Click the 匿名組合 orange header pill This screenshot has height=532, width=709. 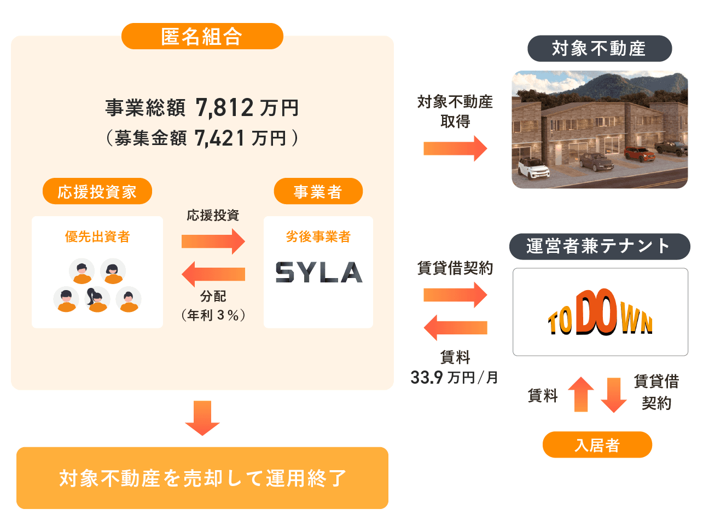202,36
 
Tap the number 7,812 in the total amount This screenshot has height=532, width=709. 224,108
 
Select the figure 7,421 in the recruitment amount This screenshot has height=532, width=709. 220,138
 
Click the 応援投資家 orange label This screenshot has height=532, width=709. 97,192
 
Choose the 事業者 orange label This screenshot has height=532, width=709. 318,192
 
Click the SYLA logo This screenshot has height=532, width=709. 318,272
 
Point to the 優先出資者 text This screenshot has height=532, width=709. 97,236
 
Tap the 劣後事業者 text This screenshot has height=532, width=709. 318,236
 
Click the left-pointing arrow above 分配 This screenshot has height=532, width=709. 213,274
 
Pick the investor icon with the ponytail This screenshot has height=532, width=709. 97,299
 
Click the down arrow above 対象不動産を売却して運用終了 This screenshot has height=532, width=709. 202,418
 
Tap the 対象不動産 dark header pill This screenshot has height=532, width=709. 599,49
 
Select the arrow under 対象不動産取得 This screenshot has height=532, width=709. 455,148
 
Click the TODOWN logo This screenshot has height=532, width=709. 600,313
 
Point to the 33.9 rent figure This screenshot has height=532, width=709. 427,378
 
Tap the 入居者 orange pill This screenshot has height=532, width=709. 597,445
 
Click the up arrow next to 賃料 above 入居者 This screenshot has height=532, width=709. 581,394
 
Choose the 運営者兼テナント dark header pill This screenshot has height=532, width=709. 599,246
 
